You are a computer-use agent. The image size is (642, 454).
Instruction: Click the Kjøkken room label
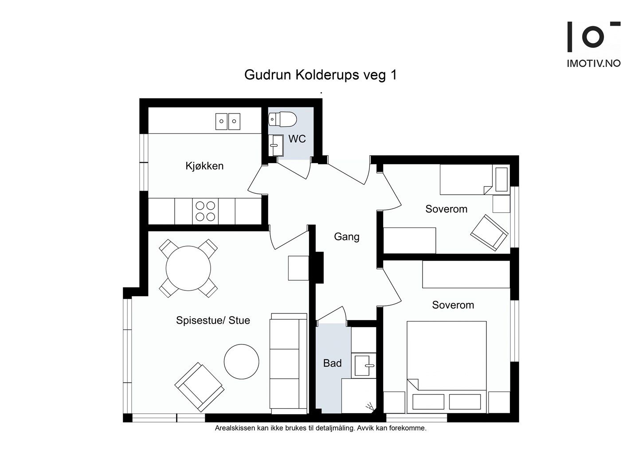point(204,166)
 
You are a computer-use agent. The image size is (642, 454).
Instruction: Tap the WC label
point(297,139)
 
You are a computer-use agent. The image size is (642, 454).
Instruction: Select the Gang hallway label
point(347,237)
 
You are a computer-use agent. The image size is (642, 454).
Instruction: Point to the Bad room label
point(332,363)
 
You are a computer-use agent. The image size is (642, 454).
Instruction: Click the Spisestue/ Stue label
point(213,320)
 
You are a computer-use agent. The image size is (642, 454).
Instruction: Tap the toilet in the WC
point(282,119)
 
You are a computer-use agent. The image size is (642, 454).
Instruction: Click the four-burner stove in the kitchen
point(205,211)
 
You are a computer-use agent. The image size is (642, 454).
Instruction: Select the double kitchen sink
point(228,121)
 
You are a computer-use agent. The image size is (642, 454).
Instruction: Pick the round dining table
point(188,268)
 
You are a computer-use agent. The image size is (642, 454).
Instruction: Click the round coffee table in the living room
point(241,362)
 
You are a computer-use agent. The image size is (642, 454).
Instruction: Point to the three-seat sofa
point(289,364)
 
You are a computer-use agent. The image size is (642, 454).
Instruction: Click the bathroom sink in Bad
point(364,365)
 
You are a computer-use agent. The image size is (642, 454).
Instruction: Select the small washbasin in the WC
point(276,145)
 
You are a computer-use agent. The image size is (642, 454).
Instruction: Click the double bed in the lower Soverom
point(446,367)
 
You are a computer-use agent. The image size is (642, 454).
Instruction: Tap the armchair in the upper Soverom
point(489,233)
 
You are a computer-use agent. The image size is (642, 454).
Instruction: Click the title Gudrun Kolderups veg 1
point(321,75)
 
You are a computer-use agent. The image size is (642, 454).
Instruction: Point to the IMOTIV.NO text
point(594,63)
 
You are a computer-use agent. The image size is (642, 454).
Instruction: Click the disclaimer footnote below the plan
point(321,428)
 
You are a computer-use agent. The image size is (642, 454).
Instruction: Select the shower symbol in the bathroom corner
point(370,407)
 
